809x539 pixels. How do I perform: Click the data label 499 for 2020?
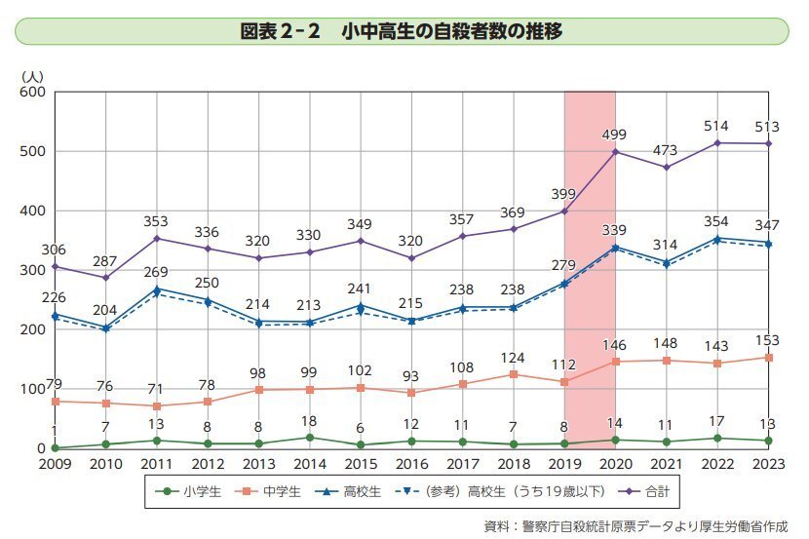(614, 135)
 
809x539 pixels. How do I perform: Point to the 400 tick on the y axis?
(33, 212)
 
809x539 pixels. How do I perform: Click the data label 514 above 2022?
(718, 126)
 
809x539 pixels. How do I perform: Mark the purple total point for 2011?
(157, 238)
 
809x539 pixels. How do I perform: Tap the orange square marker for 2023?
(768, 358)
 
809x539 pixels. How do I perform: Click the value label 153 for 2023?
(768, 340)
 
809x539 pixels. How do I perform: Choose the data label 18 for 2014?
(309, 420)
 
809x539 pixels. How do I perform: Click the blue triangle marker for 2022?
(718, 238)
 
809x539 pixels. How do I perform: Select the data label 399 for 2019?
(566, 194)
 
